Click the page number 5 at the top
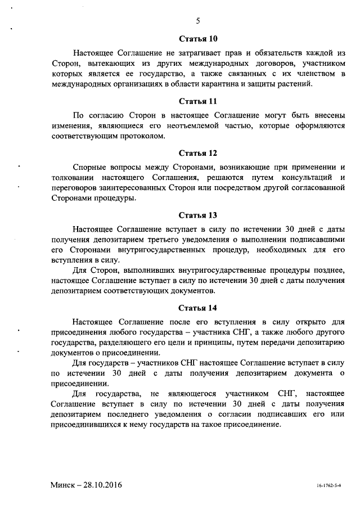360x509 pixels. (x=198, y=21)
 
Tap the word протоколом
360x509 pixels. (x=144, y=136)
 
